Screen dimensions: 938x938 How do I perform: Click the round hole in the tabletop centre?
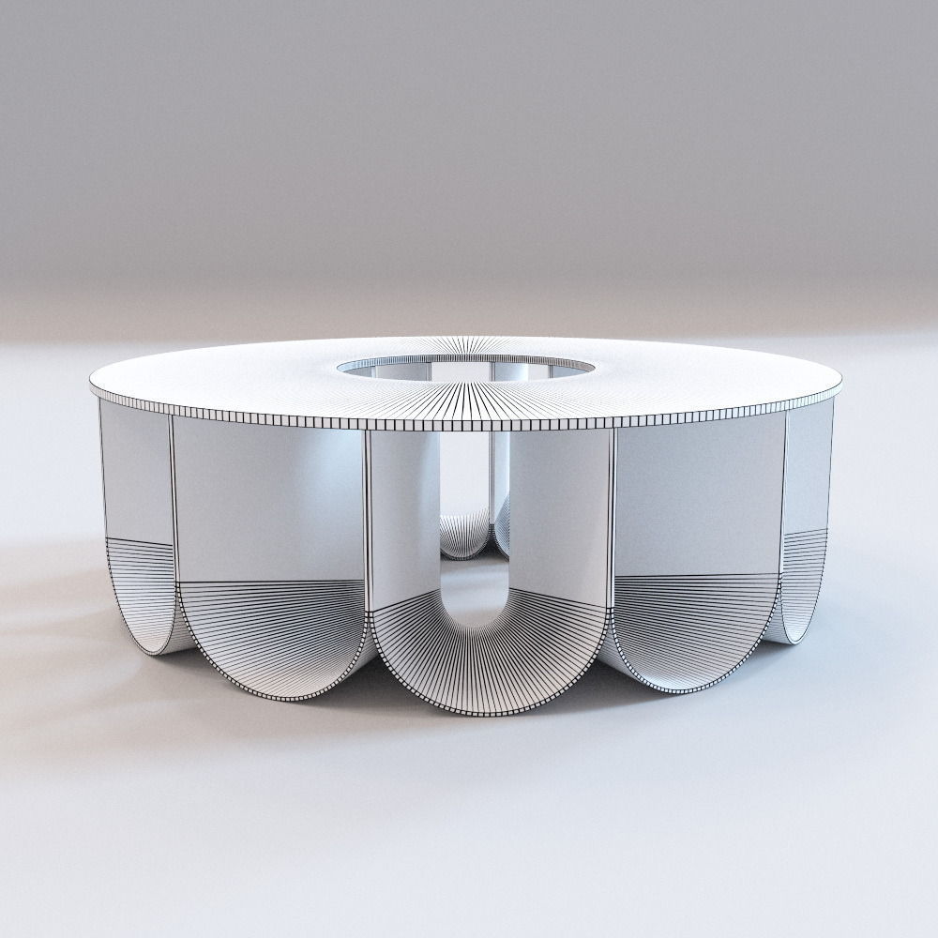coord(466,368)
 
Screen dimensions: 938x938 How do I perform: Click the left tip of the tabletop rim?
coord(92,386)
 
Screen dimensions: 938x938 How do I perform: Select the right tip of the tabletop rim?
coord(840,380)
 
